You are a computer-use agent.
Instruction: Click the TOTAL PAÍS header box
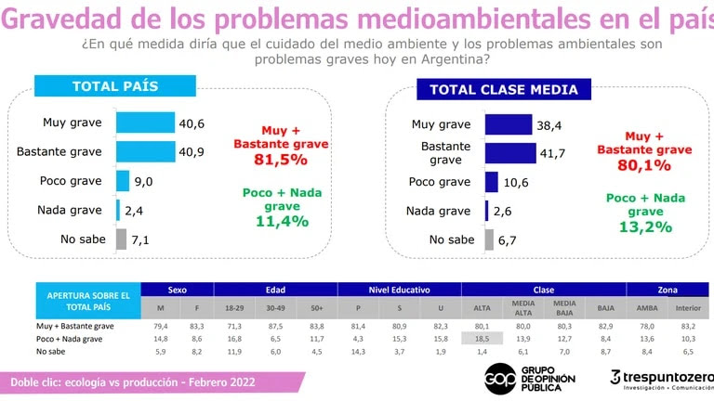(115, 87)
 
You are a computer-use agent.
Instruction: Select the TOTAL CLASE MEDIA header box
(504, 90)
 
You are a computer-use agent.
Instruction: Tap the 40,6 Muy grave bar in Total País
(145, 123)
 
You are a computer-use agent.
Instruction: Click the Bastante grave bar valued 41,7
(510, 152)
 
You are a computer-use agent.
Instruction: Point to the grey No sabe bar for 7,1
(121, 239)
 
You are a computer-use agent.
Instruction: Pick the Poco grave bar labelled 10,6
(492, 182)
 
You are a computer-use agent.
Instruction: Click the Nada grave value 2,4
(134, 211)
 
